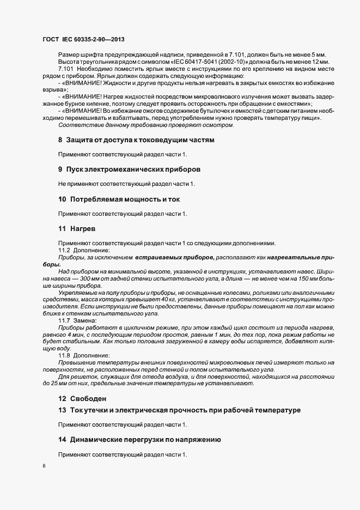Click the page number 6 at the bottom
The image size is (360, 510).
[x=44, y=466]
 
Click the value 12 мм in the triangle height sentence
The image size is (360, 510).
[x=314, y=63]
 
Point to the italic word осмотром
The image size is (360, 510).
[x=218, y=125]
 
